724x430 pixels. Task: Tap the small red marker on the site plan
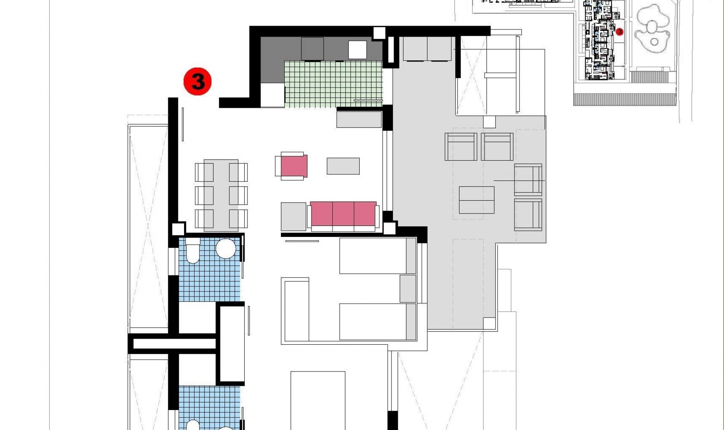click(619, 32)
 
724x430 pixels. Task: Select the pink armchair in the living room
click(293, 166)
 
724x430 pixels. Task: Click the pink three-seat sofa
click(343, 214)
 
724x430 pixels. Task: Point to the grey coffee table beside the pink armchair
click(343, 166)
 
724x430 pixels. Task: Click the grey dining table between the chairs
click(221, 195)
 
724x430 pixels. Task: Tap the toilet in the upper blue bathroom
click(193, 251)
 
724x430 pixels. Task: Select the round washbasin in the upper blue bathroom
click(225, 248)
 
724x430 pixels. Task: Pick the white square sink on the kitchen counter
click(357, 50)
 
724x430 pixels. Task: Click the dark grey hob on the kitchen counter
click(312, 49)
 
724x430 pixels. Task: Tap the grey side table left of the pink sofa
click(293, 217)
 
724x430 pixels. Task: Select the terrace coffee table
click(477, 200)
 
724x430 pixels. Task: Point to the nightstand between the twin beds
click(407, 289)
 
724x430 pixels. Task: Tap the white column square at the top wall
click(379, 33)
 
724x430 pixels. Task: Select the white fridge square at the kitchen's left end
click(272, 95)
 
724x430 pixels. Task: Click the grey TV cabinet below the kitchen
click(359, 119)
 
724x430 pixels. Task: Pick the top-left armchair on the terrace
click(461, 147)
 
